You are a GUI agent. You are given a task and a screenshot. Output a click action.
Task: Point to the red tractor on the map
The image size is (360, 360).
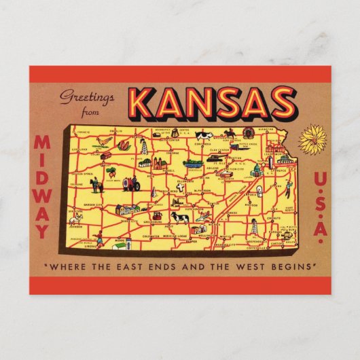tap(130, 183)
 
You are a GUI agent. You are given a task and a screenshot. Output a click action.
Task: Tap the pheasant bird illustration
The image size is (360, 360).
tap(103, 142)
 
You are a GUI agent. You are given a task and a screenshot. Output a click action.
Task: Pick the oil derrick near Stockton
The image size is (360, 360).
tap(143, 145)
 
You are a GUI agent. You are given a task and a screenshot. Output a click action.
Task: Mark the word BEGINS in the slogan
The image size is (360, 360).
tap(293, 265)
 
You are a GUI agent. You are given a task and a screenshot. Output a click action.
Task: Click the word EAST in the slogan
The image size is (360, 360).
tap(135, 265)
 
